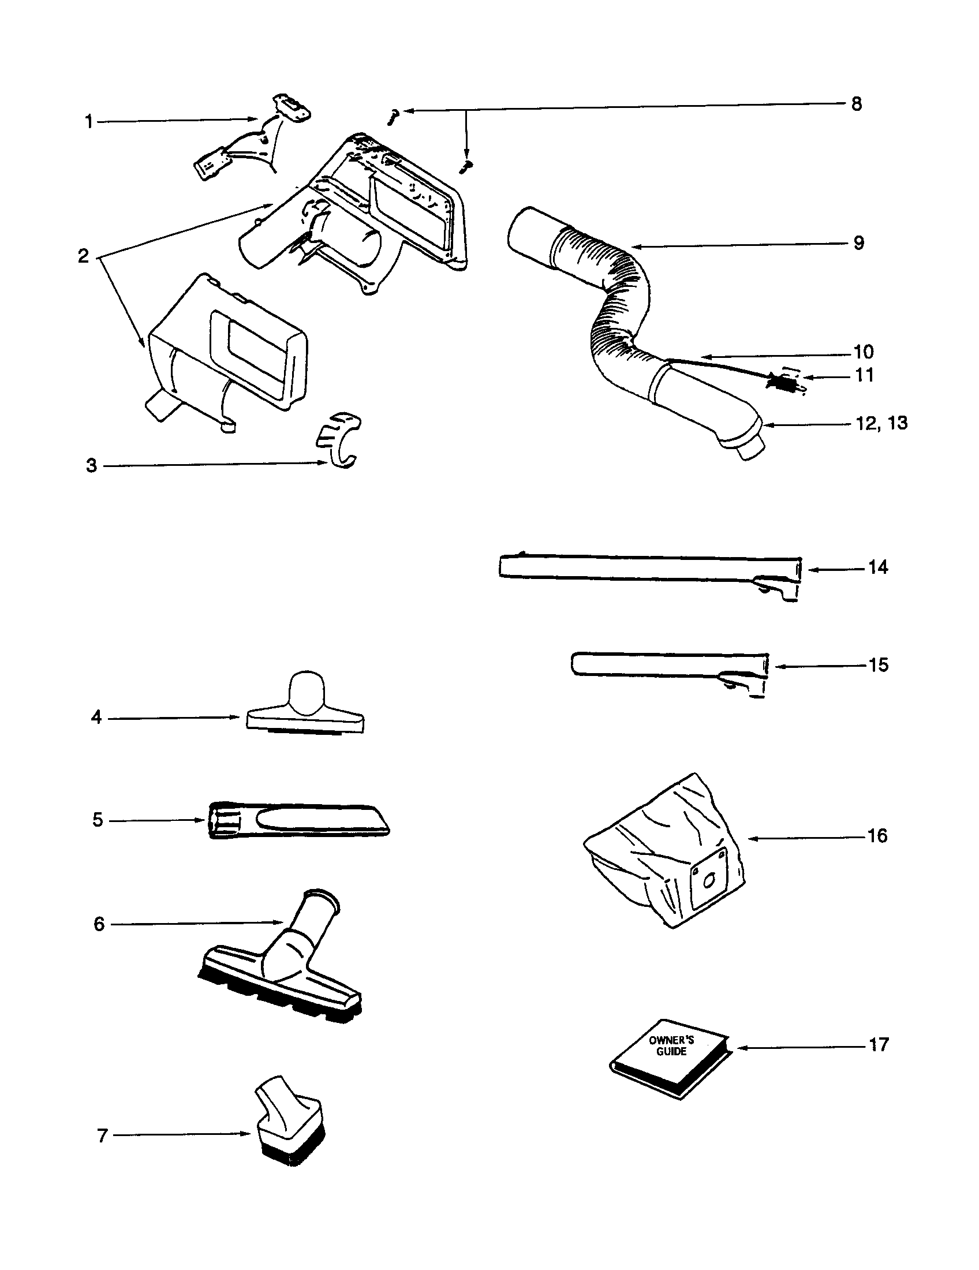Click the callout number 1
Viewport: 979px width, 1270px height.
pos(89,122)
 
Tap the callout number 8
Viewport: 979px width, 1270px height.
pos(855,104)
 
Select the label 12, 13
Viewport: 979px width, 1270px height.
pos(881,423)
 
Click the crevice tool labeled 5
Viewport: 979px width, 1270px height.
pos(297,820)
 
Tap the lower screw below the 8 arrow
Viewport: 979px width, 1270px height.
pos(466,167)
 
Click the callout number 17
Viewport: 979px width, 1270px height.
pos(879,1044)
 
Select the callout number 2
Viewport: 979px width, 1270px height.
pos(84,256)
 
